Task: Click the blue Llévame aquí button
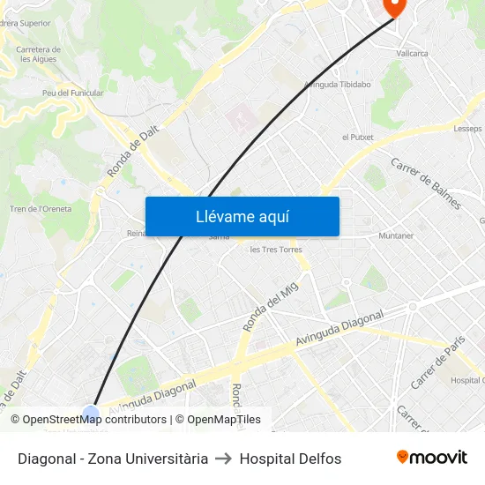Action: point(242,216)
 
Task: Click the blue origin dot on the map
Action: point(91,414)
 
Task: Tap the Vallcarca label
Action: point(412,54)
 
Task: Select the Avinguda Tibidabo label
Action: point(337,85)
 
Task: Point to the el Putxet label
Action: point(357,138)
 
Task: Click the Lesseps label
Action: point(467,129)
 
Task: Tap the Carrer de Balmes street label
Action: point(426,184)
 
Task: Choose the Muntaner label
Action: point(395,236)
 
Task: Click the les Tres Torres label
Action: point(276,250)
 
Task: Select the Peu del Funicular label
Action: point(68,93)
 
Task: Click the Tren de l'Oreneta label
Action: point(41,209)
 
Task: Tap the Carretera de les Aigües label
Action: point(39,55)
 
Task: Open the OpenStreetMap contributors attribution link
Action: point(94,420)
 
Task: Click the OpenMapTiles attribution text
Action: point(223,420)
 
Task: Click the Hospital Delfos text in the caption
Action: point(290,459)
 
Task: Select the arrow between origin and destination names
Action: point(224,459)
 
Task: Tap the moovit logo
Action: point(431,458)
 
